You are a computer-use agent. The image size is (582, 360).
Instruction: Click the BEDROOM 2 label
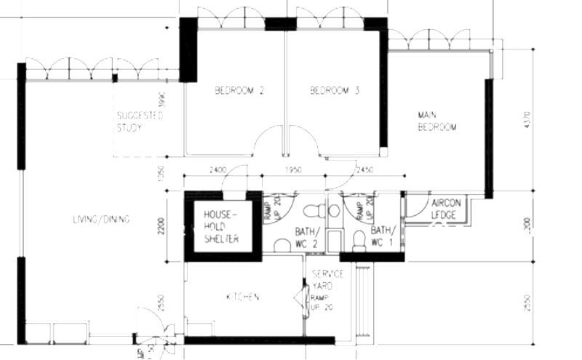coord(239,91)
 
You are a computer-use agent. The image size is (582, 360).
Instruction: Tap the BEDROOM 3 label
coord(335,91)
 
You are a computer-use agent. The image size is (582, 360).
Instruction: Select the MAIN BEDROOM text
coord(436,121)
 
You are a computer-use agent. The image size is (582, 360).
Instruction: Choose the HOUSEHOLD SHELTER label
coord(221,227)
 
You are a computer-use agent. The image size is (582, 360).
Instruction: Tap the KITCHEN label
coord(242,297)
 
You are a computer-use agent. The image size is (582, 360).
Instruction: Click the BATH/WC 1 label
coord(384,235)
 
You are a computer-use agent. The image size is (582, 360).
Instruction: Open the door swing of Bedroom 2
coord(269,140)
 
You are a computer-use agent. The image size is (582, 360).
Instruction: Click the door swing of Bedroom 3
coord(303,140)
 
